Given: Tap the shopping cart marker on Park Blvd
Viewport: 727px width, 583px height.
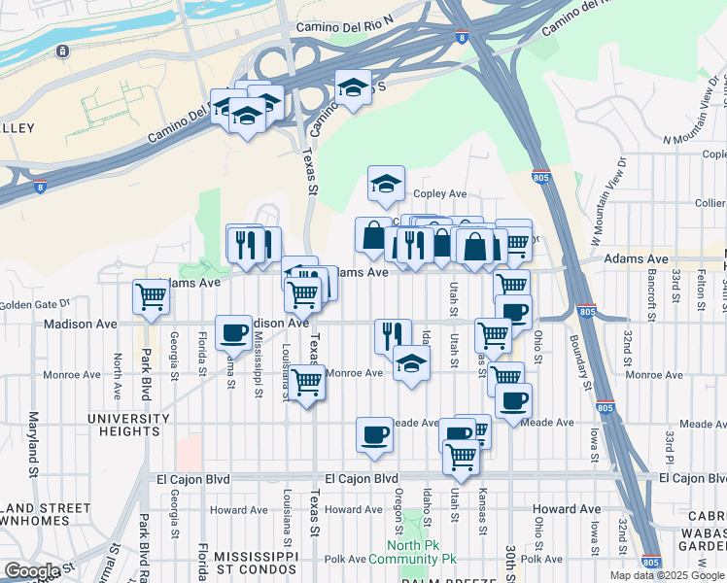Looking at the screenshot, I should (x=151, y=297).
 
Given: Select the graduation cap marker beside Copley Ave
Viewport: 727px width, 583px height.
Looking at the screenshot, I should (x=386, y=182).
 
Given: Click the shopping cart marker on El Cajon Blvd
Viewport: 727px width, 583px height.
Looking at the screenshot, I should (x=462, y=456).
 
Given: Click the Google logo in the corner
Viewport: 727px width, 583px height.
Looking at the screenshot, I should (x=32, y=571).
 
